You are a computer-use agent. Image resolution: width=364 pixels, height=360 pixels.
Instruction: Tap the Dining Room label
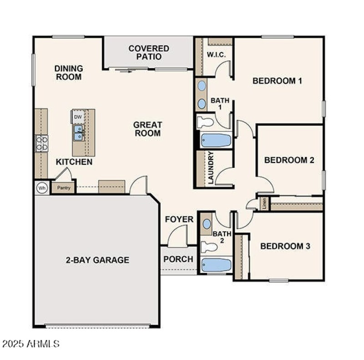point(69,72)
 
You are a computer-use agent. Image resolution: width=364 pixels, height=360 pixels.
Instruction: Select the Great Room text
point(147,129)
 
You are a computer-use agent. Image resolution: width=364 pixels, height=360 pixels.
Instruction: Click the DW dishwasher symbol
point(78,117)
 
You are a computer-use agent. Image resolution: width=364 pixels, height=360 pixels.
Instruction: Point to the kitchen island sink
point(78,132)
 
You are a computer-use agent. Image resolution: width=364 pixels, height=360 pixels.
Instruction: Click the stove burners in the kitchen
point(42,143)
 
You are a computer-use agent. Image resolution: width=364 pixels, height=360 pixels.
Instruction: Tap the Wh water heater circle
point(42,188)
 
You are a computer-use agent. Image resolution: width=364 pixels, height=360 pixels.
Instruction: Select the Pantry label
point(63,188)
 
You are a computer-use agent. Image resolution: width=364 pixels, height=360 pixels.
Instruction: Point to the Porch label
point(178,259)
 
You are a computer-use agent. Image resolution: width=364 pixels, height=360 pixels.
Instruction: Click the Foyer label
point(179,220)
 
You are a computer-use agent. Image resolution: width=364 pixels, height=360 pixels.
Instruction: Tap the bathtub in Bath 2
point(217,265)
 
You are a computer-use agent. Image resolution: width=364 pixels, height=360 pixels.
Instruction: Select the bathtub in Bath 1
point(216,140)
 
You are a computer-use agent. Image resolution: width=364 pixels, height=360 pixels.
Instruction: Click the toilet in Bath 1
point(206,122)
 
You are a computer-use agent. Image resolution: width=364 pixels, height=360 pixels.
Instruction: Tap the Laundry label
point(211,168)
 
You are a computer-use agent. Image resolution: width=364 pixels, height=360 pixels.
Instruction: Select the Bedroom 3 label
point(285,246)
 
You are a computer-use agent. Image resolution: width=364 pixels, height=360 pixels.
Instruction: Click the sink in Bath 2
point(207,224)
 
